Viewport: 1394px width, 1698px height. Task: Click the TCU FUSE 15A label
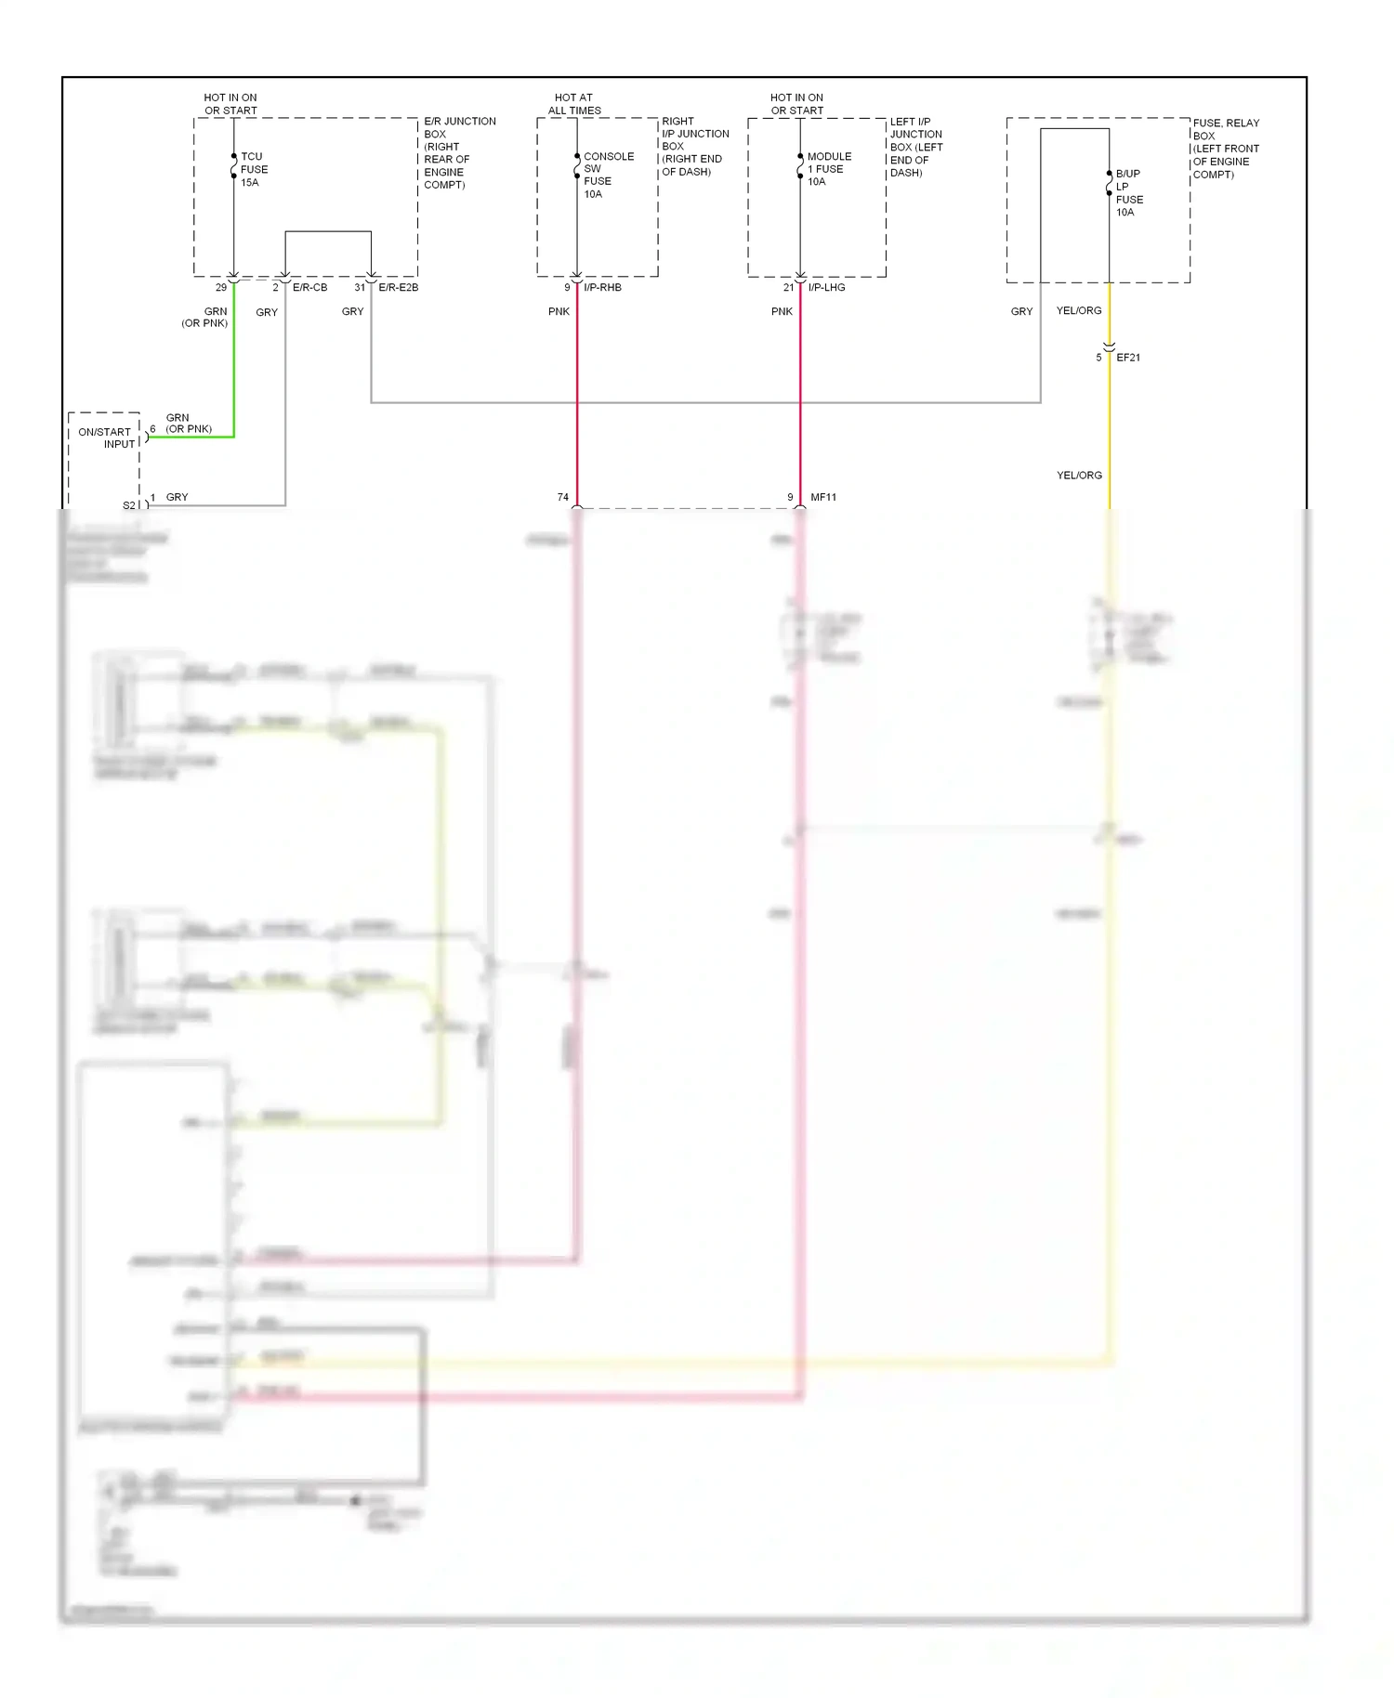(253, 170)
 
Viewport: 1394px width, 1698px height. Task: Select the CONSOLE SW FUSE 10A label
(608, 176)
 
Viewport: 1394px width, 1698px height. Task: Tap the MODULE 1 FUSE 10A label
(828, 169)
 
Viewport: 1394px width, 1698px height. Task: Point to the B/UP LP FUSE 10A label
(1128, 193)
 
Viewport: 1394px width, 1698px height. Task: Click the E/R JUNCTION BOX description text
(459, 153)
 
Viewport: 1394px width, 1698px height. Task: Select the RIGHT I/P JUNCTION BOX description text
(694, 147)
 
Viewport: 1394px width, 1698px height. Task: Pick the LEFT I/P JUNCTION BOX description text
(915, 148)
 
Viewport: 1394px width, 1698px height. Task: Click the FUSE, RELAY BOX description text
(1226, 149)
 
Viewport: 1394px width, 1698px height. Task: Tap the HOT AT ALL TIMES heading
(573, 104)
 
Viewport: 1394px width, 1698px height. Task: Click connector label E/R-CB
(309, 288)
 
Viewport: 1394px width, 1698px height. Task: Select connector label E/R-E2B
(398, 288)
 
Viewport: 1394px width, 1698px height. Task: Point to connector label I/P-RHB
(602, 288)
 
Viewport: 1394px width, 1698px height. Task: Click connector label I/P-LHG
(826, 288)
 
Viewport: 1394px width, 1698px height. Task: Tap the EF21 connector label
(1127, 358)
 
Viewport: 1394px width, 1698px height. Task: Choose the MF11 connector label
(822, 498)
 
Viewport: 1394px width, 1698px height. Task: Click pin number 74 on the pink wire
(562, 498)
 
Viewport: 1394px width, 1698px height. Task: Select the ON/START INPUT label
(106, 438)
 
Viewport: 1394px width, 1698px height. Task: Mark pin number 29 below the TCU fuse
(220, 288)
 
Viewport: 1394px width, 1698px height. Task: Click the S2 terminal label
(129, 506)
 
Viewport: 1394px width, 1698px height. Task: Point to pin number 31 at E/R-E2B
(359, 288)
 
